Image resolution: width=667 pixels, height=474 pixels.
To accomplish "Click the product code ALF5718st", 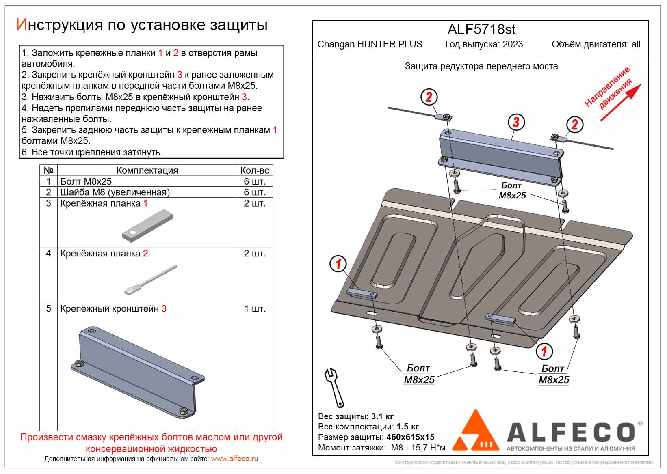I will [481, 30].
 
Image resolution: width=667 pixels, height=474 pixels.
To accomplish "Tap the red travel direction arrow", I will [621, 102].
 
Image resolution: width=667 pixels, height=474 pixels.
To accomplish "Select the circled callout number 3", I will [516, 122].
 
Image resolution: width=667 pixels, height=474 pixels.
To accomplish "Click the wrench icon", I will [334, 387].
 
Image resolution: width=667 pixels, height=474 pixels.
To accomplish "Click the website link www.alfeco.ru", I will [234, 459].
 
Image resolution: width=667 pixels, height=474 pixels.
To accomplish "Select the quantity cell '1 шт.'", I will [255, 309].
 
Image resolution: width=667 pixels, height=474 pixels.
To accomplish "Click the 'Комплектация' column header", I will [147, 170].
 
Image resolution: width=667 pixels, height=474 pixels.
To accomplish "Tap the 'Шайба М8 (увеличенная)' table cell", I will [115, 192].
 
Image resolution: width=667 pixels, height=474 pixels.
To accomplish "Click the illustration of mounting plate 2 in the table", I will [150, 280].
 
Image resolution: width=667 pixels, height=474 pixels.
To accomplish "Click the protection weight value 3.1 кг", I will [382, 416].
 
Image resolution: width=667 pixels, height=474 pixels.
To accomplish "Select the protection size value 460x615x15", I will [410, 437].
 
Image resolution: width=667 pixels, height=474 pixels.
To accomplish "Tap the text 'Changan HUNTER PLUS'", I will [370, 45].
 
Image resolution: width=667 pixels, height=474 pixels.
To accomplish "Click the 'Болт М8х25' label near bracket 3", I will [512, 190].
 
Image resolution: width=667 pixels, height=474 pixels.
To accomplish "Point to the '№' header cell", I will [48, 170].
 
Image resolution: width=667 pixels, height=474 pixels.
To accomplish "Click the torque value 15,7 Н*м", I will [427, 448].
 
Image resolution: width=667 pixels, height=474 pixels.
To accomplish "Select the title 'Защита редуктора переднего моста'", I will [481, 67].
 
